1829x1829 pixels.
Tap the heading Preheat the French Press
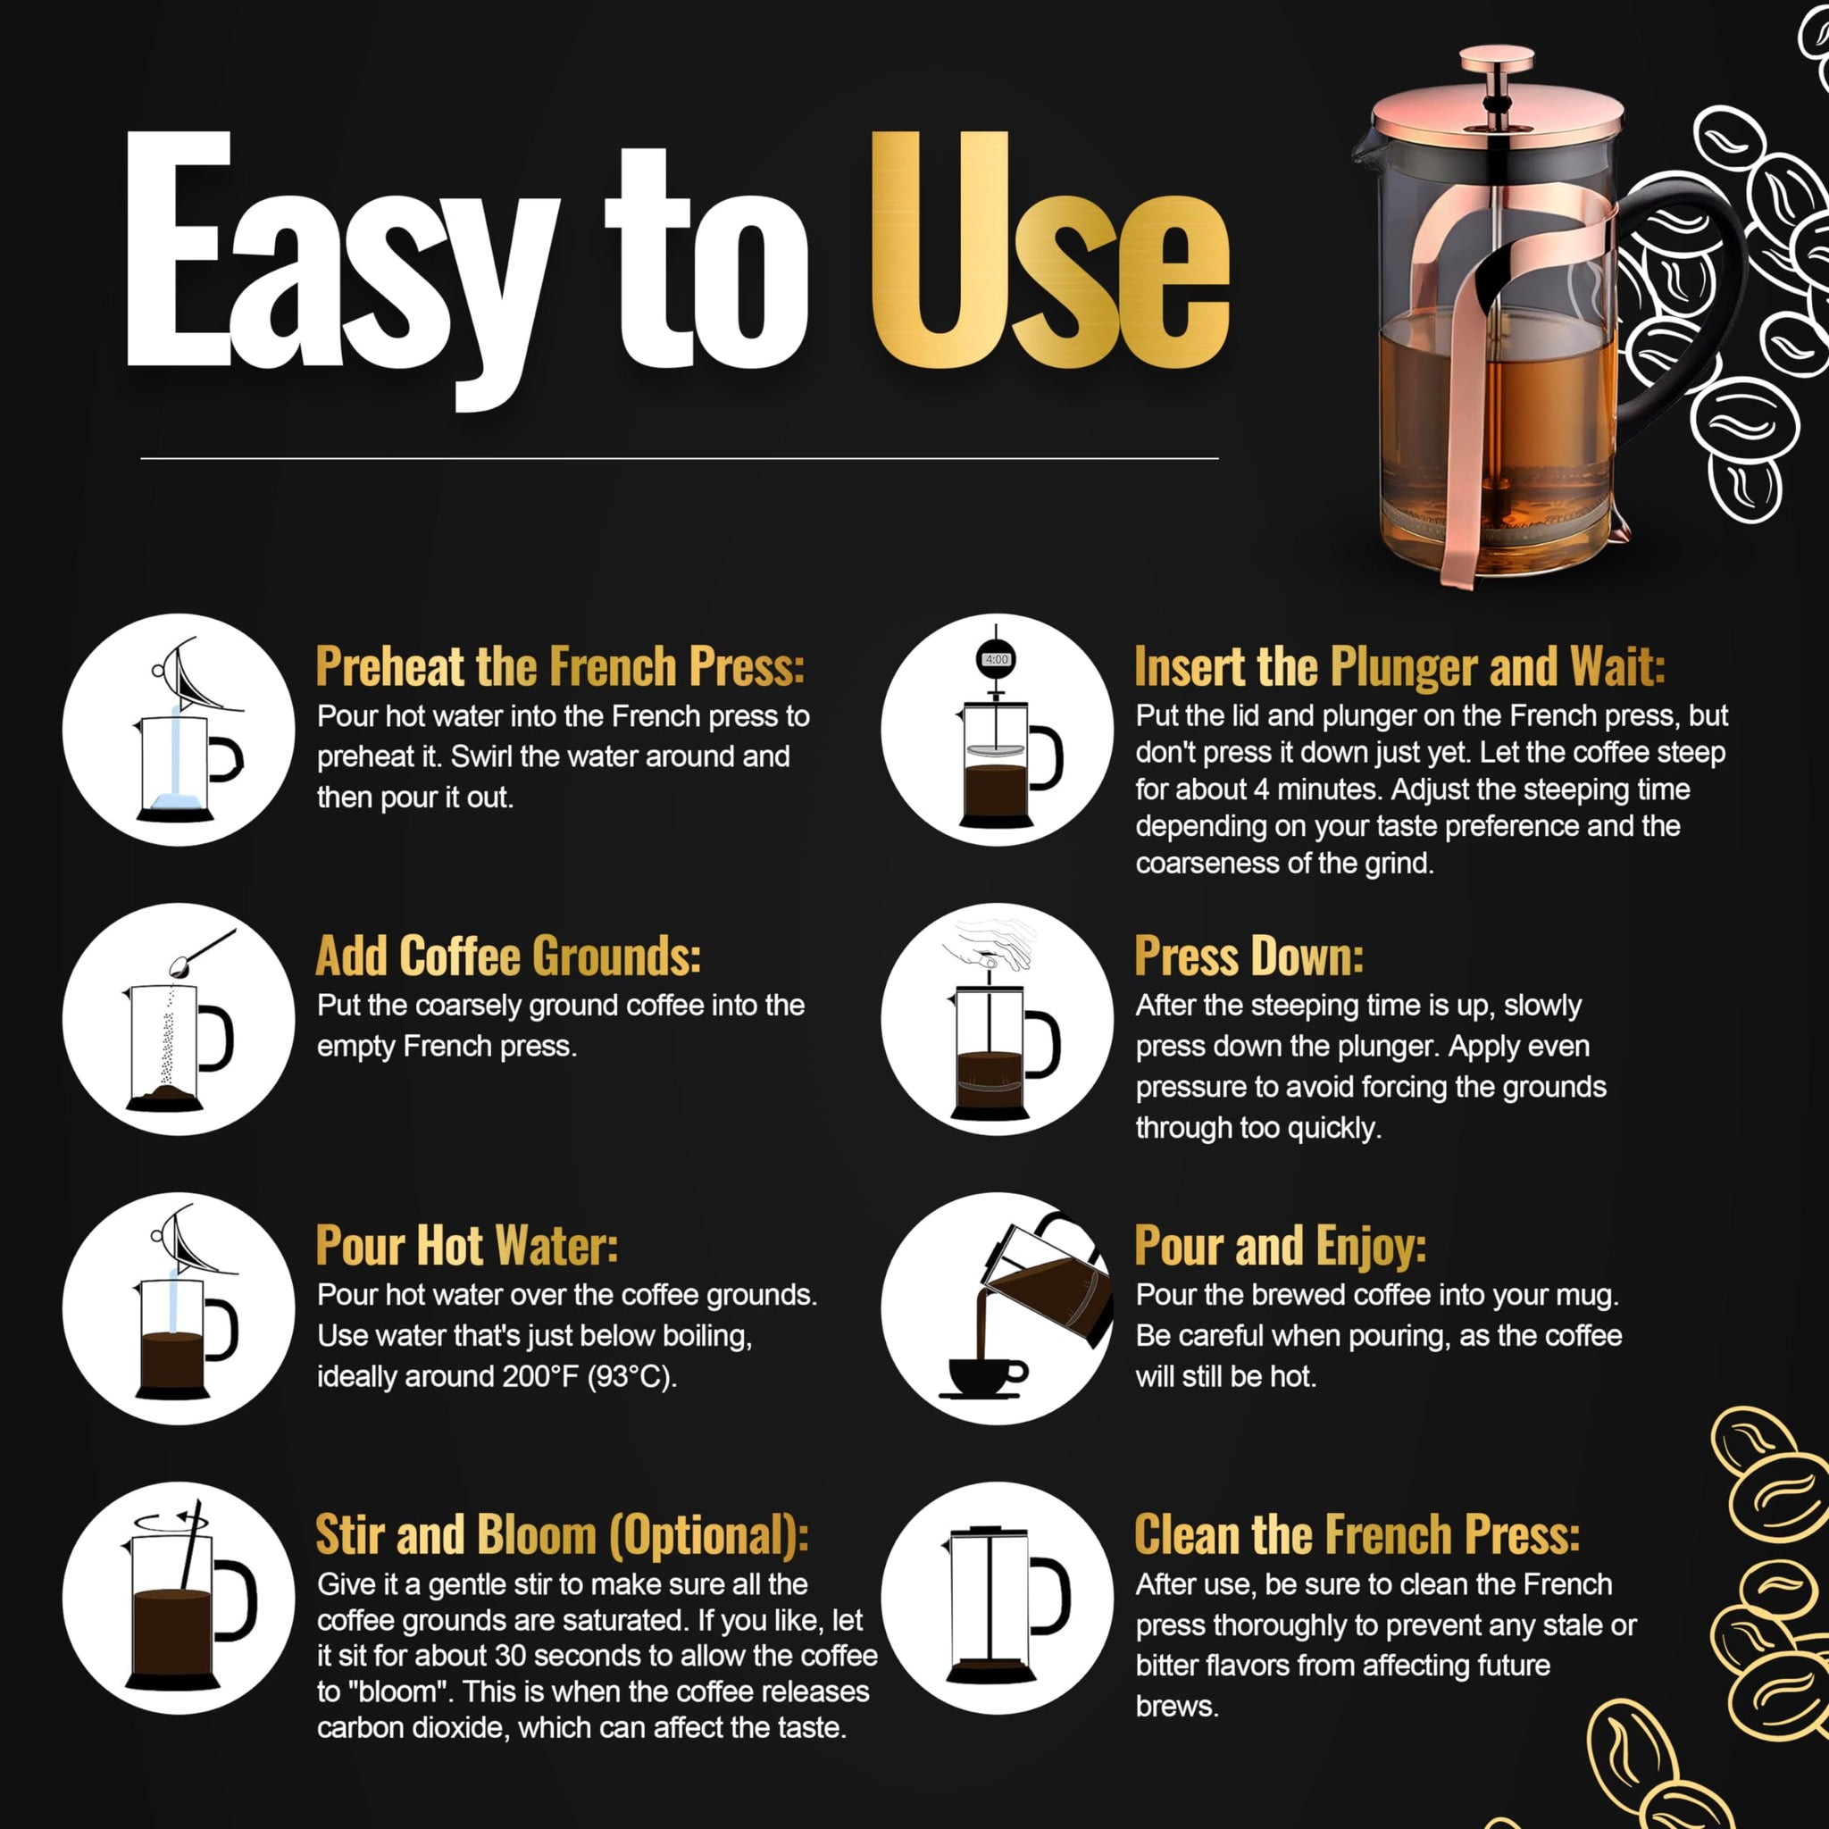point(559,666)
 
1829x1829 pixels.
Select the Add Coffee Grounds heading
point(508,956)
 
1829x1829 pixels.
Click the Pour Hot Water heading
point(467,1246)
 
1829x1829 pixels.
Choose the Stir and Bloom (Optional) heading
point(563,1534)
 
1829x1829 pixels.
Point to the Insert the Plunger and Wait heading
point(1399,666)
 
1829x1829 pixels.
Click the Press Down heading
point(1249,956)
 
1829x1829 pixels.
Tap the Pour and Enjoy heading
point(1280,1246)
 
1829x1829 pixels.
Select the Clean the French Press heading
point(1357,1534)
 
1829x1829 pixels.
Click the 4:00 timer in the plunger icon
point(996,659)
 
